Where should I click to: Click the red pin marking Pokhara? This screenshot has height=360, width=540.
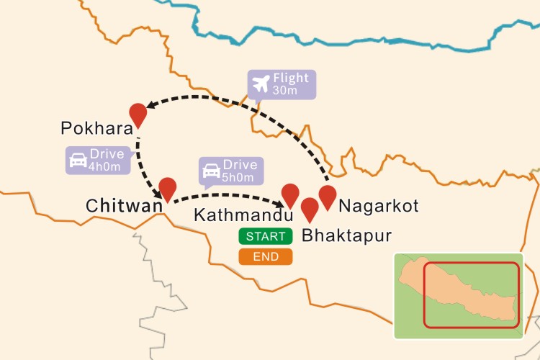click(x=138, y=113)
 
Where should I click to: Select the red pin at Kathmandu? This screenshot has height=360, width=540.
click(x=290, y=194)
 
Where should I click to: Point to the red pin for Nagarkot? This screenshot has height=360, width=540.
click(x=328, y=195)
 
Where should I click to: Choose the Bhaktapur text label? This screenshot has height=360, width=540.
click(x=347, y=235)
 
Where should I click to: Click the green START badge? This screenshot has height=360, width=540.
click(x=266, y=236)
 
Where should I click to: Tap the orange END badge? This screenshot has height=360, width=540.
click(x=266, y=257)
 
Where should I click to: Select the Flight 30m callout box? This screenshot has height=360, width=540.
click(x=281, y=84)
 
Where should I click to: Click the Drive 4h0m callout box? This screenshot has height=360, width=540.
click(x=99, y=160)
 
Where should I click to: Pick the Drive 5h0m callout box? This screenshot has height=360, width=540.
click(x=230, y=171)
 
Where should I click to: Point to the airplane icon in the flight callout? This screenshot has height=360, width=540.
click(x=261, y=84)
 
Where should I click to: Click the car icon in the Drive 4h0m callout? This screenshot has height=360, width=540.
click(x=78, y=160)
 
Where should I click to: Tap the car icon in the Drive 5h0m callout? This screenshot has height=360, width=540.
click(x=211, y=171)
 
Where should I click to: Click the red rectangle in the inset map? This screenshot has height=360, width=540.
click(x=471, y=294)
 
